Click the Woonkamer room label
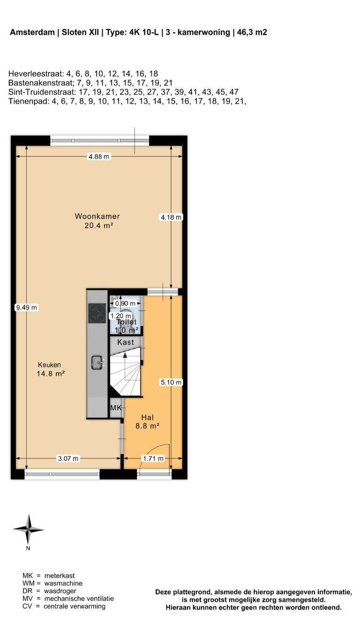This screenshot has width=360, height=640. (97, 217)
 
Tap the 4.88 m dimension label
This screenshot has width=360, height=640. (99, 157)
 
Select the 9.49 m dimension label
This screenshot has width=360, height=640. (26, 308)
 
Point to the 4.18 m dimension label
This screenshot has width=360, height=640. (171, 217)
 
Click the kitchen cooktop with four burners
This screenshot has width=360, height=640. (97, 313)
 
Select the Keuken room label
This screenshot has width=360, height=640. (50, 365)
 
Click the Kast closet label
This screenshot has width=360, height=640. (125, 342)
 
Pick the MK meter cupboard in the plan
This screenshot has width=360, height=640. (115, 408)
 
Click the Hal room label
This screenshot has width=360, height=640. (148, 417)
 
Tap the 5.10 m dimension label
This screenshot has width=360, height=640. (171, 382)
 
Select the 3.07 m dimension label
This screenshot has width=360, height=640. (67, 459)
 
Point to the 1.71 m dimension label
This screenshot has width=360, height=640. (153, 459)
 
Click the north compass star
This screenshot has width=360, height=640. (28, 529)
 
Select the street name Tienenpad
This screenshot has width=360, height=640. (27, 101)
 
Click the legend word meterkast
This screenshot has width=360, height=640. (59, 575)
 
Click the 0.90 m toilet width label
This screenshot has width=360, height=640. (125, 303)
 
